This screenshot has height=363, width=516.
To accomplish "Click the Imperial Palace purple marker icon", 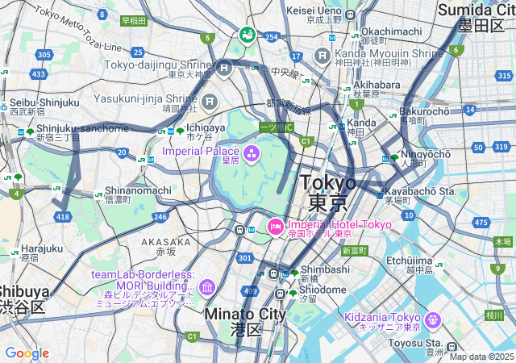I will [251, 152].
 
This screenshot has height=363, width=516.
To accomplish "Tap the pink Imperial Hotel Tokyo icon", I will [274, 227].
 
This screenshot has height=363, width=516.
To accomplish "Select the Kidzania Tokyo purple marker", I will [433, 319].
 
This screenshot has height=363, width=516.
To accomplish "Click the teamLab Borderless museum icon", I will [207, 287].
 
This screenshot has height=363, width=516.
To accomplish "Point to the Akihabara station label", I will [375, 85].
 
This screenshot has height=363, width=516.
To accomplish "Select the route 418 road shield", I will [64, 217].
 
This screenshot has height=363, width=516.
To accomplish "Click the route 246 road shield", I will [160, 216].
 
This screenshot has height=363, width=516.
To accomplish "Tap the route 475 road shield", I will [481, 222].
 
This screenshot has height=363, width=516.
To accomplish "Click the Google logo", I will [27, 353].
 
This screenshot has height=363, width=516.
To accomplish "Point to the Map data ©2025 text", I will [481, 357].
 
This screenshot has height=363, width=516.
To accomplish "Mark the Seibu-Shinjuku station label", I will [44, 102].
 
